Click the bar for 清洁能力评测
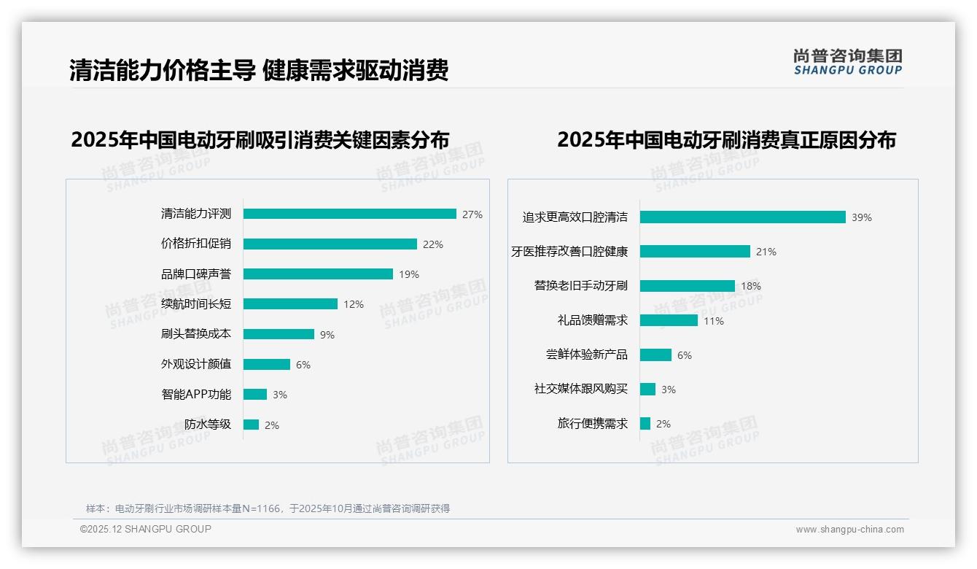(x=350, y=214)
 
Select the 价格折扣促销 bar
(x=330, y=244)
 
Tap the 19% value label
(x=409, y=274)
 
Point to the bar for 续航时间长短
(x=290, y=303)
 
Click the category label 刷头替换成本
(x=195, y=334)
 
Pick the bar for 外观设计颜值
(x=267, y=364)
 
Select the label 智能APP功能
(x=195, y=395)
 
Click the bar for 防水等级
(x=251, y=425)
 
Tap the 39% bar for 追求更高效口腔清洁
(x=742, y=217)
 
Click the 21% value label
(x=766, y=252)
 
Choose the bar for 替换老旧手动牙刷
(x=687, y=286)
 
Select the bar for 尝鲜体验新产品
(x=655, y=355)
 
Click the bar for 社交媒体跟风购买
(x=647, y=389)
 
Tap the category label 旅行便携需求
(x=592, y=423)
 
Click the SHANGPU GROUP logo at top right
(x=847, y=62)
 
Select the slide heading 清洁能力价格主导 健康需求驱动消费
(x=259, y=70)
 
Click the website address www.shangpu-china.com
(x=849, y=530)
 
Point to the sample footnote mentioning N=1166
(x=268, y=508)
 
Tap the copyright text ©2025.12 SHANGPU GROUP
(x=146, y=529)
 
